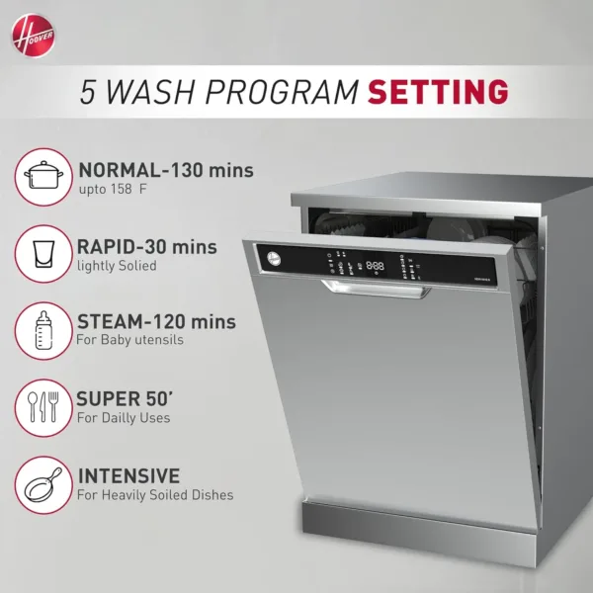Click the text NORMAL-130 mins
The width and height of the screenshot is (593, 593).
[x=165, y=170]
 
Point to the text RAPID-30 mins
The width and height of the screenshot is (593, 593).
[x=146, y=246]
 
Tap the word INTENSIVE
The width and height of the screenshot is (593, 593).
[x=128, y=475]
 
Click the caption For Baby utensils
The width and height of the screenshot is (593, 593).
[x=129, y=340]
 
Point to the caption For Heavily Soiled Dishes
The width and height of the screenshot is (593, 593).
[x=155, y=494]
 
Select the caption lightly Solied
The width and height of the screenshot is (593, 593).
[x=117, y=265]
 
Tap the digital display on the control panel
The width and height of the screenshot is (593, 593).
[x=377, y=265]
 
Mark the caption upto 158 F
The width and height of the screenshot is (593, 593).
[x=122, y=190]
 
